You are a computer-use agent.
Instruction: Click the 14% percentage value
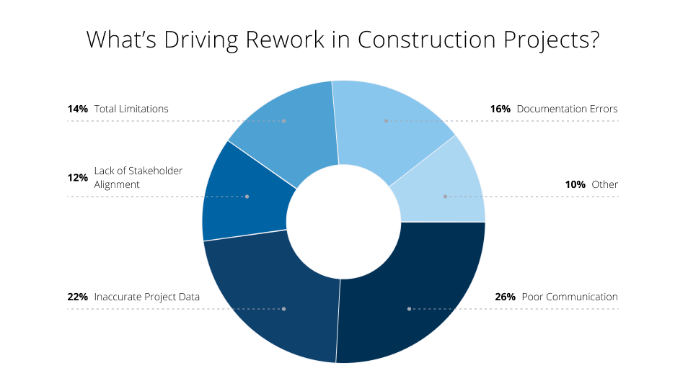click(77, 109)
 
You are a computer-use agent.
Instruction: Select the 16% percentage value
click(500, 109)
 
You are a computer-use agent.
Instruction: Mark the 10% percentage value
click(575, 184)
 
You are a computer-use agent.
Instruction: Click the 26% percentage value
click(505, 297)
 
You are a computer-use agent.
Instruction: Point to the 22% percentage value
click(78, 297)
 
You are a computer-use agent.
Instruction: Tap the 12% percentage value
click(77, 177)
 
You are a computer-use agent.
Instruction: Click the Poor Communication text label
click(570, 297)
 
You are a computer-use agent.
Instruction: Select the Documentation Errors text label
click(567, 109)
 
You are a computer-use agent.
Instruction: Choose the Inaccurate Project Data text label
click(147, 297)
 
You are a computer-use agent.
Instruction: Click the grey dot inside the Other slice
click(445, 196)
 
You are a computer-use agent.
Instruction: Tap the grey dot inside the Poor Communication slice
click(409, 309)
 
